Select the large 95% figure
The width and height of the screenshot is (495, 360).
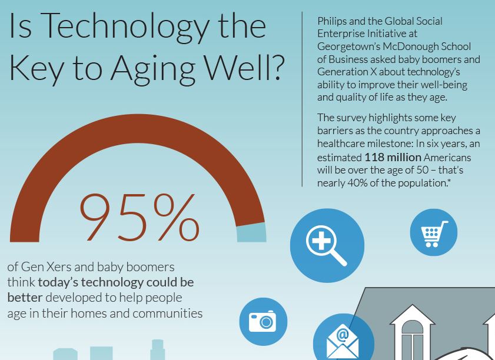point(139,218)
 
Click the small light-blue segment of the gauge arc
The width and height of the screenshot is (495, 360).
point(251,232)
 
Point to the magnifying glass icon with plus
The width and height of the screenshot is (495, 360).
point(327,246)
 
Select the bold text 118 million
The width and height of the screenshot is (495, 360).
point(393,157)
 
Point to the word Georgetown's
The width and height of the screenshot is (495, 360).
point(348,47)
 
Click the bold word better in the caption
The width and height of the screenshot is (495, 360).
point(25,297)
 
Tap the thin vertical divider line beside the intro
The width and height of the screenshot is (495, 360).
point(303,99)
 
